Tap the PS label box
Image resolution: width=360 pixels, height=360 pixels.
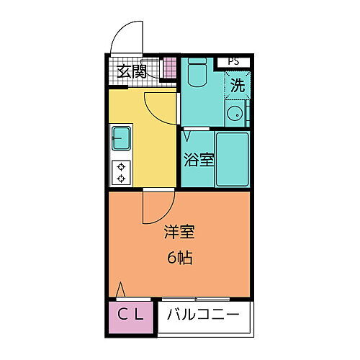pos(233,62)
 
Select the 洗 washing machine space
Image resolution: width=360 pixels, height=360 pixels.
pos(237,84)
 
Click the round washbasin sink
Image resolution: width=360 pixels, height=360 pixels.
pos(234,113)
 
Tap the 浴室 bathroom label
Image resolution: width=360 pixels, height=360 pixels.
pos(197,160)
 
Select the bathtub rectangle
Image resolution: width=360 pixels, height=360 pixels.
pos(232,158)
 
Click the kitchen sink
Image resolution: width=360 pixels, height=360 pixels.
pos(121,137)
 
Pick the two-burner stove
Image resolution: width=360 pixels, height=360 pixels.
pos(121,171)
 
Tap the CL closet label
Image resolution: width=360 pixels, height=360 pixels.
pos(132,315)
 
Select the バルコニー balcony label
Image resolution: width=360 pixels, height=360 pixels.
pos(204,315)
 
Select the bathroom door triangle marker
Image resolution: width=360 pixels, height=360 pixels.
pos(186,135)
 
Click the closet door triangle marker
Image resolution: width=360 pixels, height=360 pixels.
pos(121,289)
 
